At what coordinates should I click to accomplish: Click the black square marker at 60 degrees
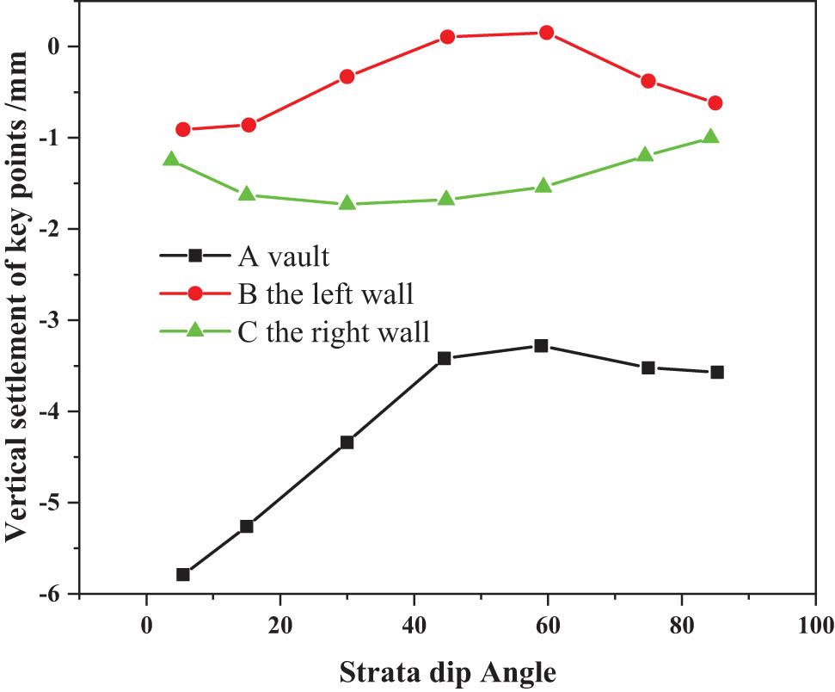click(541, 345)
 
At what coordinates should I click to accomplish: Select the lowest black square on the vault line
click(182, 574)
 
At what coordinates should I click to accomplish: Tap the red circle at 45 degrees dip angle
click(447, 37)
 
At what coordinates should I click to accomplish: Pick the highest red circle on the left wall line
click(545, 33)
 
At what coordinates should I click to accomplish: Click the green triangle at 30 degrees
click(347, 203)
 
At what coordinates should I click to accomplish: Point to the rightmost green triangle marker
click(710, 137)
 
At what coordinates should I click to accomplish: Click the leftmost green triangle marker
click(171, 159)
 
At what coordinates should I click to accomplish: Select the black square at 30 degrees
click(347, 442)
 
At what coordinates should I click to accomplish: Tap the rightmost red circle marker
click(715, 103)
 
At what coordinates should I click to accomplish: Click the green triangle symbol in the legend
click(195, 331)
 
